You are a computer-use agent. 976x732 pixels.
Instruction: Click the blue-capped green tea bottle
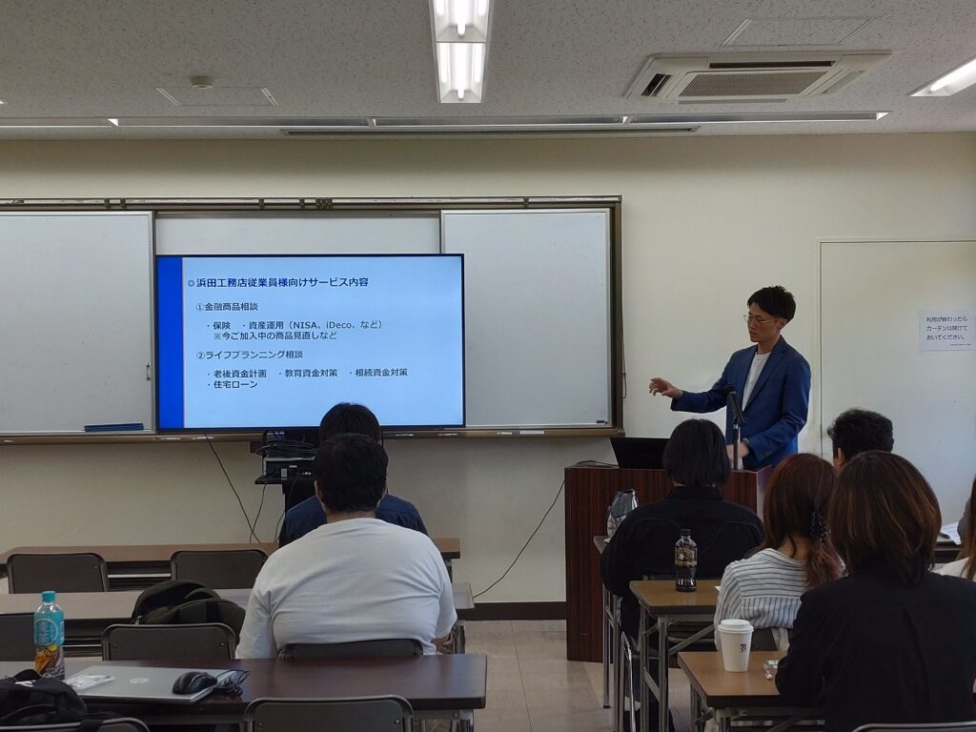click(49, 633)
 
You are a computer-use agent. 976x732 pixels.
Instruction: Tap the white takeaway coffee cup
click(734, 644)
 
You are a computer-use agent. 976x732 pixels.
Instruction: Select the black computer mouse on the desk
click(193, 682)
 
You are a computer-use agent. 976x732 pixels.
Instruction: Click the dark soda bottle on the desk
click(685, 561)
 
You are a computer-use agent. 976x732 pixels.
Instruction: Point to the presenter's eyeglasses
click(760, 319)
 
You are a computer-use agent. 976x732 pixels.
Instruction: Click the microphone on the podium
click(734, 404)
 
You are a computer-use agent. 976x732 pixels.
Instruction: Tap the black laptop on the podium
click(639, 453)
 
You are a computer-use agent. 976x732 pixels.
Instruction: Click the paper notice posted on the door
click(945, 330)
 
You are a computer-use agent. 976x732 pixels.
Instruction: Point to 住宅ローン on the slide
click(235, 384)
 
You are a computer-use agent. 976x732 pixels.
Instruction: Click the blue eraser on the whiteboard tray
click(113, 427)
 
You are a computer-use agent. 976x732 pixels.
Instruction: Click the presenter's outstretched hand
click(660, 386)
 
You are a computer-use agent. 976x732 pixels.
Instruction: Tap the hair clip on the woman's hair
click(817, 525)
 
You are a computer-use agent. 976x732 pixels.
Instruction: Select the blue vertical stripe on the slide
click(170, 341)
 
